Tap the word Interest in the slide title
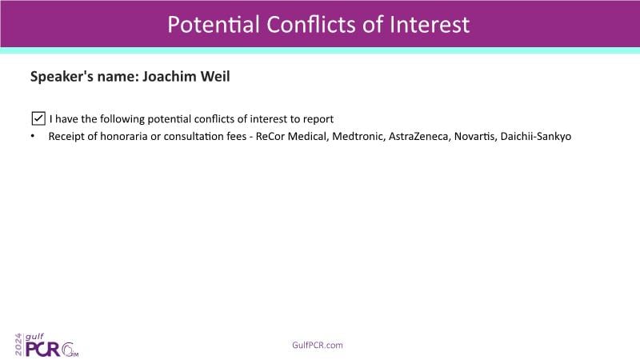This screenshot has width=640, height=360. pyautogui.click(x=430, y=25)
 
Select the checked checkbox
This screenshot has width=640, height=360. pyautogui.click(x=38, y=118)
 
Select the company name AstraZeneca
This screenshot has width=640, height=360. pyautogui.click(x=419, y=136)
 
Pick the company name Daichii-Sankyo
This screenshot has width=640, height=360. pyautogui.click(x=535, y=136)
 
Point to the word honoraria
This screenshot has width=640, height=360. pyautogui.click(x=124, y=136)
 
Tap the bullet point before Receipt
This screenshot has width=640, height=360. pyautogui.click(x=33, y=136)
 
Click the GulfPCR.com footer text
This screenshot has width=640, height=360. pyautogui.click(x=318, y=346)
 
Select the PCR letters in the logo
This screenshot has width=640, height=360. pyautogui.click(x=43, y=350)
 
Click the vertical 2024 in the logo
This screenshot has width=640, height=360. pyautogui.click(x=18, y=345)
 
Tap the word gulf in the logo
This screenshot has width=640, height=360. pyautogui.click(x=34, y=337)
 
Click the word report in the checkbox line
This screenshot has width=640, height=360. pyautogui.click(x=318, y=119)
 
